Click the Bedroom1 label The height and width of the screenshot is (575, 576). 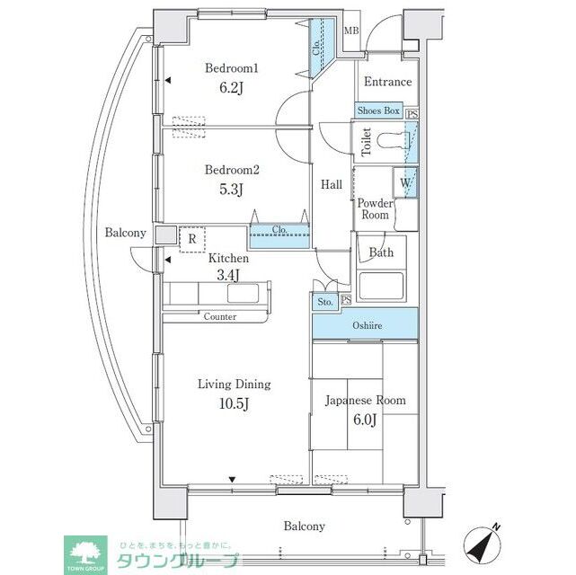coord(232,68)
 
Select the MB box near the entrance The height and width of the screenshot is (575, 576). coord(351,31)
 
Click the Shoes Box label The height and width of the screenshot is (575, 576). coord(377,111)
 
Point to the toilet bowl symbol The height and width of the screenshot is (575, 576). coord(394,141)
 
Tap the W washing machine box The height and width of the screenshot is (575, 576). coord(406,182)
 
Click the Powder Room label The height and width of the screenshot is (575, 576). coord(375,209)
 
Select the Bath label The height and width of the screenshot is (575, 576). coord(382,252)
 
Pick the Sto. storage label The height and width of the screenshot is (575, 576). coord(325,303)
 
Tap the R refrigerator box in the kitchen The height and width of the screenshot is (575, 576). coord(192,240)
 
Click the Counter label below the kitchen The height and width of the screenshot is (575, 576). coord(219,316)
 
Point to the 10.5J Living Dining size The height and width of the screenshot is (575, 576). coord(234,403)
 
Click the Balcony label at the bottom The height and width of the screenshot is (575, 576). coord(305,526)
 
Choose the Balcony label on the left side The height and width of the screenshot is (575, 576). coord(125,233)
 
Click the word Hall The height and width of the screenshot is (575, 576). coord(332,185)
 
